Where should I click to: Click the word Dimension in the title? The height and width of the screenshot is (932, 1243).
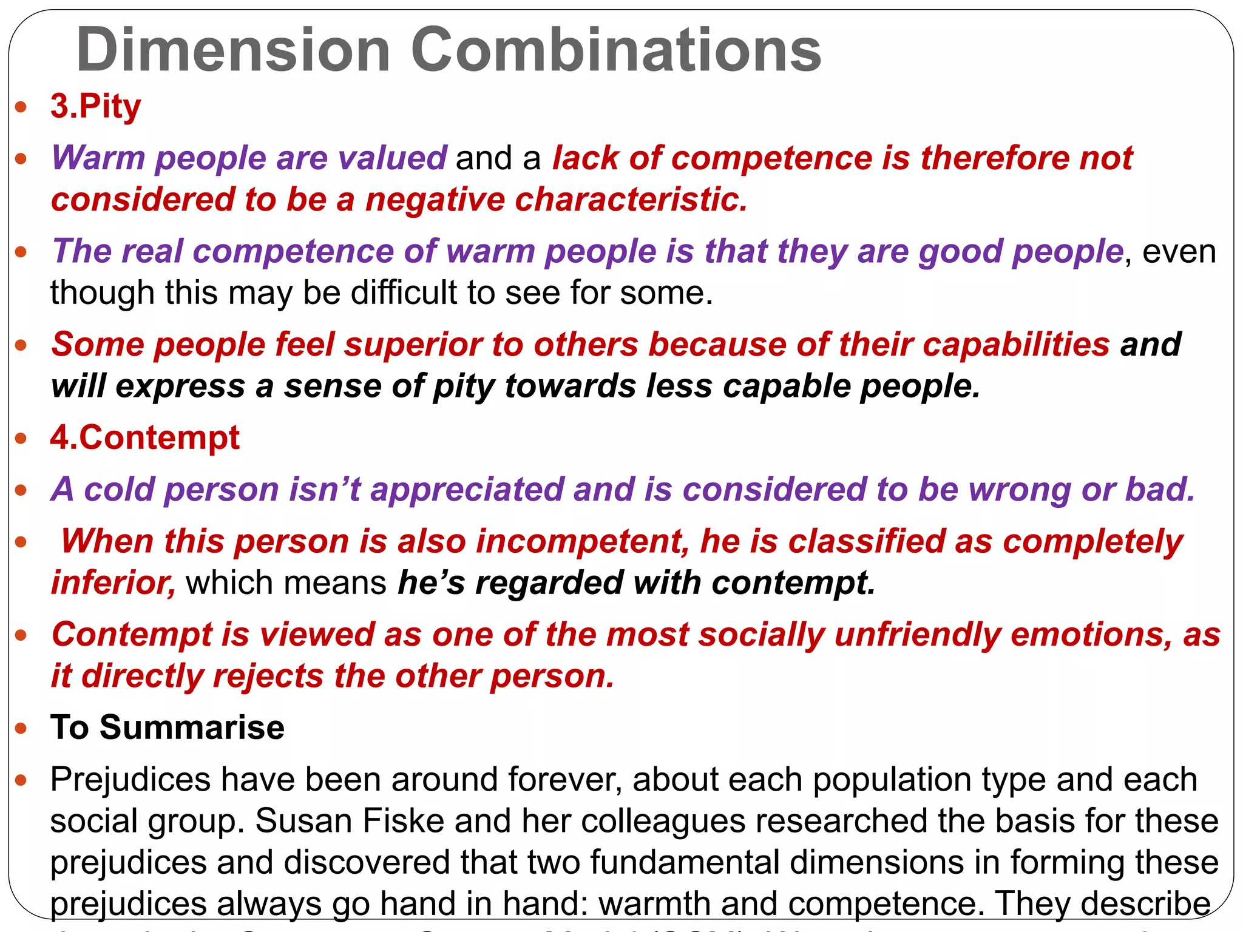tap(233, 50)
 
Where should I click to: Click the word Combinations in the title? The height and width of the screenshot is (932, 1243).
tap(616, 50)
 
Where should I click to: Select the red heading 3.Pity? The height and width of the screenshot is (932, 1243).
tap(96, 106)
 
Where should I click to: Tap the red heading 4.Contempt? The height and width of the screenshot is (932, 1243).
tap(145, 437)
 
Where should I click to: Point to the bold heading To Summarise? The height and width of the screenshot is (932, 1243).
tap(168, 727)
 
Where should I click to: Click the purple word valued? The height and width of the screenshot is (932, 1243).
tap(392, 158)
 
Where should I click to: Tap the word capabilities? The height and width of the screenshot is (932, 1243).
tap(1017, 345)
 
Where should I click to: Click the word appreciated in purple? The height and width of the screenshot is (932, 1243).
tap(467, 489)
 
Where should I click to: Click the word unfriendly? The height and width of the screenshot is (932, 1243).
tap(917, 635)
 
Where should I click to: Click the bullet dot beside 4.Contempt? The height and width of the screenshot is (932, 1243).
tap(22, 438)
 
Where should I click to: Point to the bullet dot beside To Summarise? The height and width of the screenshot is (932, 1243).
tap(22, 728)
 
